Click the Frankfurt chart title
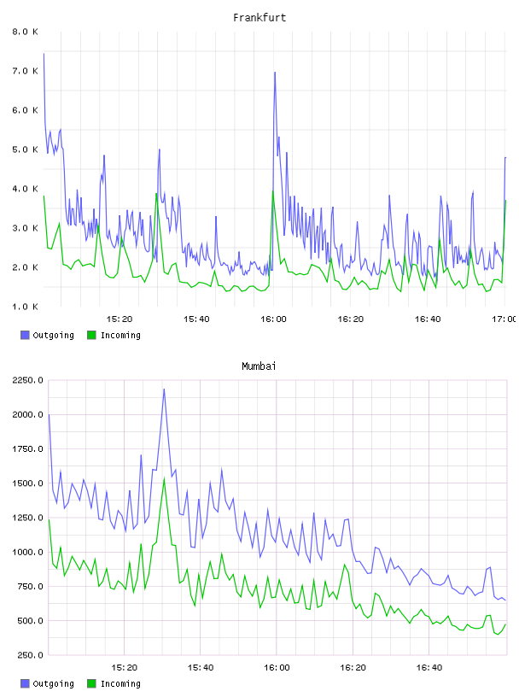click(x=259, y=17)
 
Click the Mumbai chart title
click(x=259, y=366)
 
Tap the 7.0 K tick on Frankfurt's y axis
click(x=25, y=71)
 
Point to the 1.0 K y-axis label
click(x=25, y=307)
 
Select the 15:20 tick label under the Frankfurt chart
click(x=120, y=319)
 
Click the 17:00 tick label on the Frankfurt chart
click(x=504, y=319)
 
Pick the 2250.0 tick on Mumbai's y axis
click(x=27, y=380)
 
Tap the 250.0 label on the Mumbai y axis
click(x=30, y=655)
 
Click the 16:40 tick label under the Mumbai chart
click(x=429, y=668)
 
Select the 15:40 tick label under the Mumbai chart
click(x=201, y=668)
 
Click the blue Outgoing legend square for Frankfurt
click(x=25, y=335)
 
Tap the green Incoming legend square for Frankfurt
click(x=91, y=335)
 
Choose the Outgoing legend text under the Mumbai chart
click(x=53, y=683)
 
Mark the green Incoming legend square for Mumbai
click(x=91, y=683)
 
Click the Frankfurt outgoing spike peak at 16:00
click(x=275, y=72)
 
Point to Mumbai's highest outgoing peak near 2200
click(x=164, y=389)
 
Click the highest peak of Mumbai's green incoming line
click(x=165, y=478)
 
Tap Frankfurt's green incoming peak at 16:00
click(x=273, y=190)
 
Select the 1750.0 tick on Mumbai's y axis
click(x=27, y=449)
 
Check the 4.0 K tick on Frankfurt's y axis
click(x=25, y=189)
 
